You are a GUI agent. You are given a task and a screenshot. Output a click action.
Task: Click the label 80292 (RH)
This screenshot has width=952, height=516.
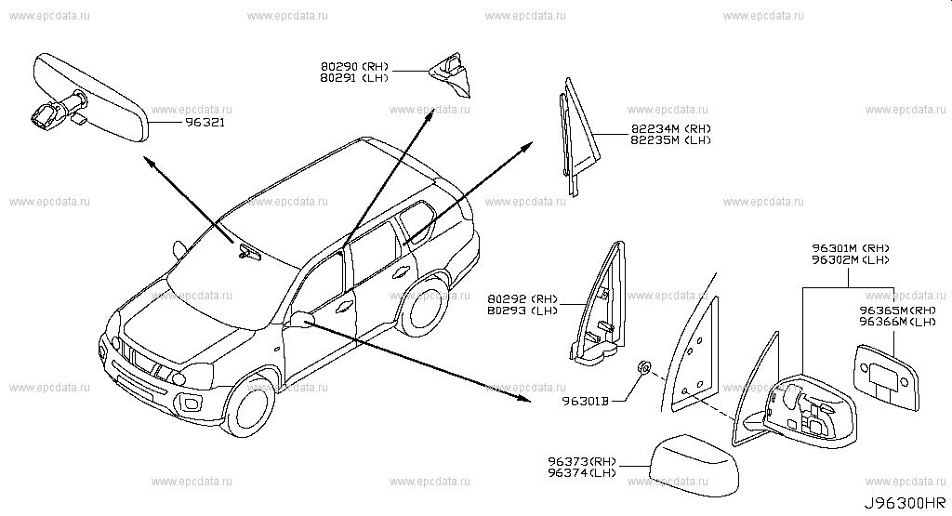coord(521,299)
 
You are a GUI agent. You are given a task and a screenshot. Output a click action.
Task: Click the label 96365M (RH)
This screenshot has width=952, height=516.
coord(898,310)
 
